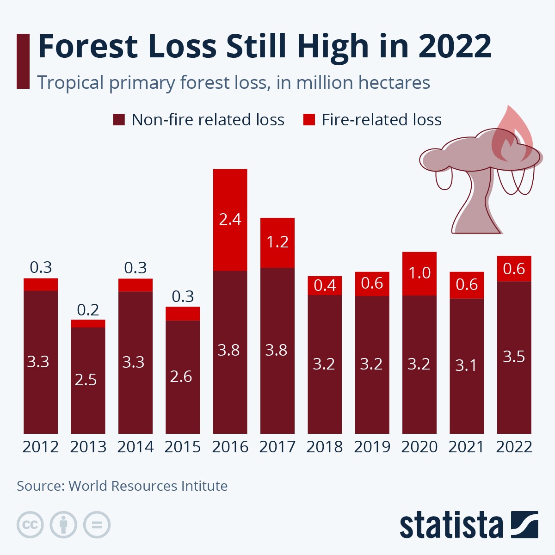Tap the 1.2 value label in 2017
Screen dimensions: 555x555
[277, 242]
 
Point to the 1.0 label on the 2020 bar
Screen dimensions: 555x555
[419, 273]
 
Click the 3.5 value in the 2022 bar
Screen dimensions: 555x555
[514, 357]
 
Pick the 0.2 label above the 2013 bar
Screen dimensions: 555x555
[88, 310]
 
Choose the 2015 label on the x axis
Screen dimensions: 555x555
[183, 447]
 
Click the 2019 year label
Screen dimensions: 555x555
[372, 447]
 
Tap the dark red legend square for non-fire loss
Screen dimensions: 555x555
[119, 120]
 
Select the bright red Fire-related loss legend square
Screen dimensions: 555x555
[309, 120]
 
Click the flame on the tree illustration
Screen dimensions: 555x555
[511, 134]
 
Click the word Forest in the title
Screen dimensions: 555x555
[88, 46]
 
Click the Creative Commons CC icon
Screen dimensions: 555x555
[30, 525]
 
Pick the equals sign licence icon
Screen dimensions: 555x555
[97, 525]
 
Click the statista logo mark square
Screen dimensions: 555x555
[524, 524]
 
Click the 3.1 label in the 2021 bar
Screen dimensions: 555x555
[466, 365]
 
